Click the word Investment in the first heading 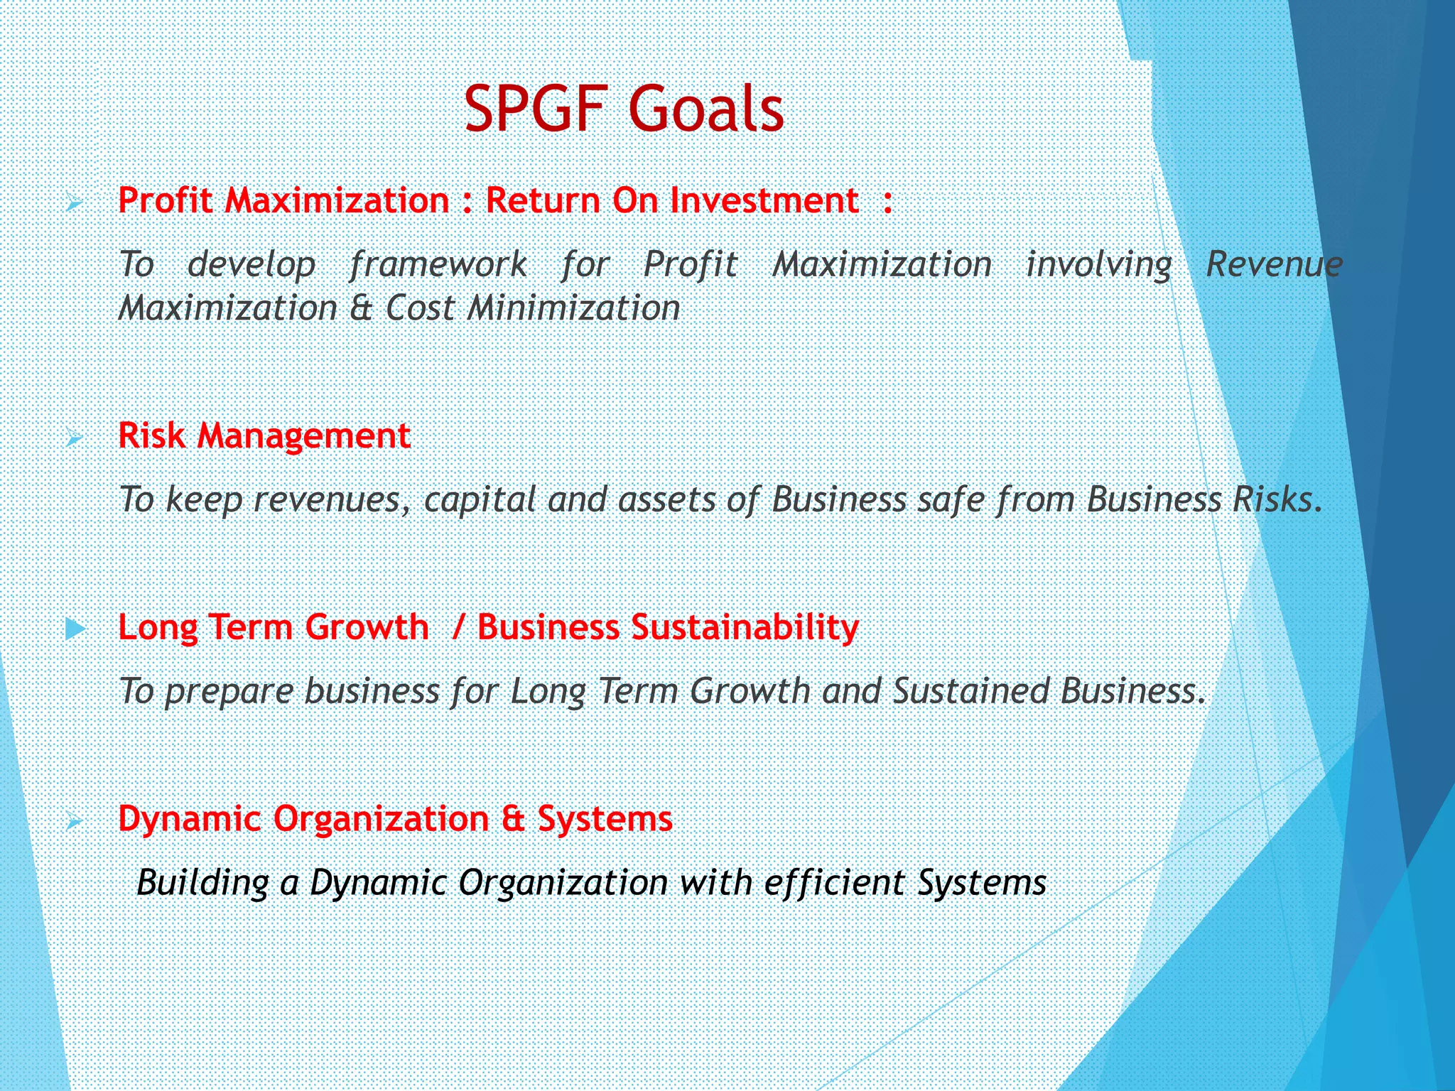coord(764,200)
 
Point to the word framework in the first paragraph coord(438,265)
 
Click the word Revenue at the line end coord(1274,264)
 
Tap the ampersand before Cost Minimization coord(362,308)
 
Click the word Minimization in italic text coord(573,308)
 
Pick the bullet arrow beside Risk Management coord(73,439)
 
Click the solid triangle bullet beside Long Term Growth coord(75,629)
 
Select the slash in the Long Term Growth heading coord(458,627)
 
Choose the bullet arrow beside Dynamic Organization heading coord(73,823)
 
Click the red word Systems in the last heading coord(605,819)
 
